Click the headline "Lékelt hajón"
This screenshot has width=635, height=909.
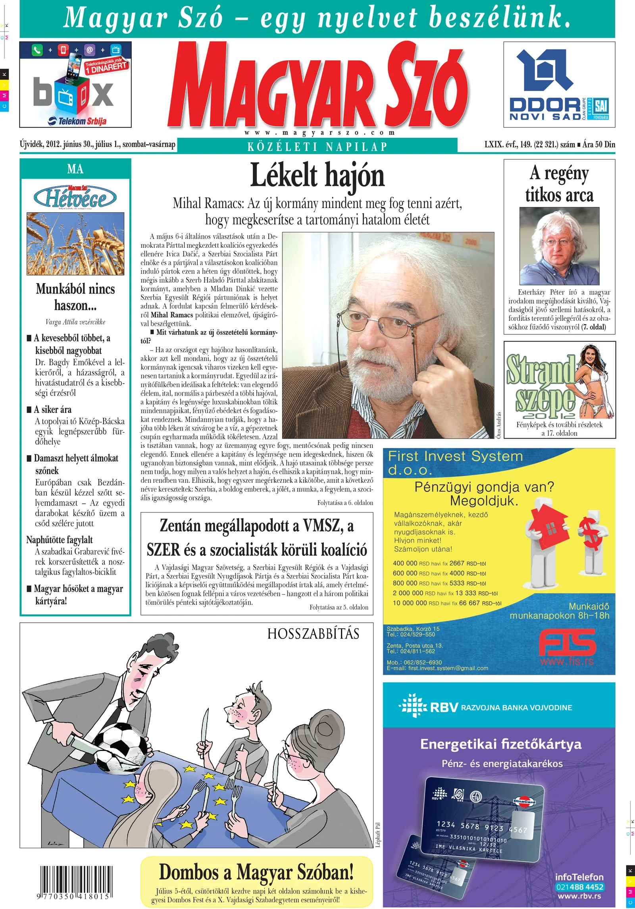click(x=317, y=175)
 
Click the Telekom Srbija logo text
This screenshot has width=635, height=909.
click(x=78, y=121)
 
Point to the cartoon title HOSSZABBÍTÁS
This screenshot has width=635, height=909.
click(x=313, y=634)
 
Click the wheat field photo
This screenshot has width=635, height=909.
click(x=75, y=243)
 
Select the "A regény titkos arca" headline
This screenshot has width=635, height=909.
click(x=559, y=183)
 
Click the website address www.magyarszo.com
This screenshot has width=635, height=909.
click(x=319, y=133)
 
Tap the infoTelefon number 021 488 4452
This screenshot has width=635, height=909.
click(x=579, y=887)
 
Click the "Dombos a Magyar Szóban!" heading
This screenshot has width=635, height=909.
click(x=256, y=872)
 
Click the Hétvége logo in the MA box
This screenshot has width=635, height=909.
click(x=75, y=197)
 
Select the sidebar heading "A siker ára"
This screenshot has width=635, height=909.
click(x=52, y=409)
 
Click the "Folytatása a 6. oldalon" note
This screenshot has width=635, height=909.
click(x=345, y=503)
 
